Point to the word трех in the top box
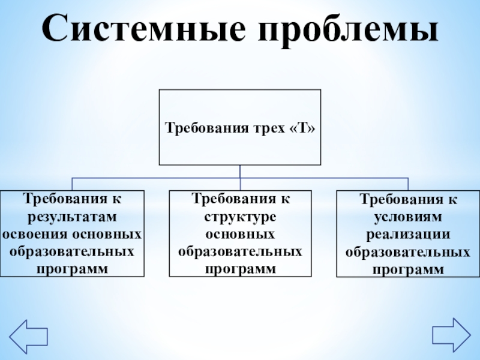(268, 128)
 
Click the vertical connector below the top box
(239, 172)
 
